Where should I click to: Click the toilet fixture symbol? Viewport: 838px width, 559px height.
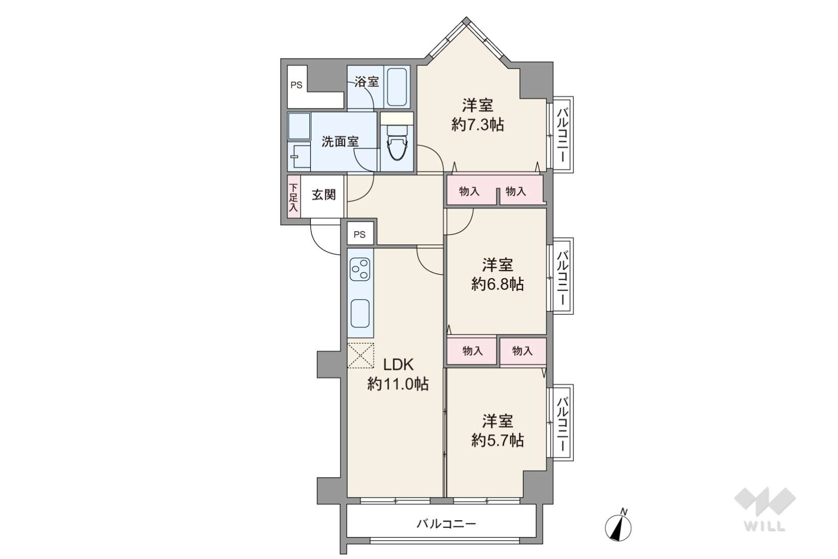point(397,143)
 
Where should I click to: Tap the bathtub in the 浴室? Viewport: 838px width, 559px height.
point(397,87)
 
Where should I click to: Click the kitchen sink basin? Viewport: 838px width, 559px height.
point(360,314)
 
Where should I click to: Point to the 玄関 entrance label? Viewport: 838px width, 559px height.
point(324,194)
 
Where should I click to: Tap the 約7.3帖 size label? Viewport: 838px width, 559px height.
point(478,125)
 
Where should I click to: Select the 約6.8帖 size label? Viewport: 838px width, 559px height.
point(497,284)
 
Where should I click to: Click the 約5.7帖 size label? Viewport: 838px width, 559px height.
point(497,440)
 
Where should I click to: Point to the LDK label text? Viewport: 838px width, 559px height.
point(398,365)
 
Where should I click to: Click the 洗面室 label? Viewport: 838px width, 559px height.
point(340,142)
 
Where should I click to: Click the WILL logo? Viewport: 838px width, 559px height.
point(765,509)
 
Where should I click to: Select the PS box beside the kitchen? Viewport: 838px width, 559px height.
point(360,234)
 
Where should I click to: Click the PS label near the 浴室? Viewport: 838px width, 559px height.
point(297,85)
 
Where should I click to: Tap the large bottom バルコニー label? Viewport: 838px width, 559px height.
point(446,523)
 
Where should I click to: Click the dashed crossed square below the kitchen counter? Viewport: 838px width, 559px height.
point(360,355)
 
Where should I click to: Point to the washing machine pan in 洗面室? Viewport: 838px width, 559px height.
point(299,126)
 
